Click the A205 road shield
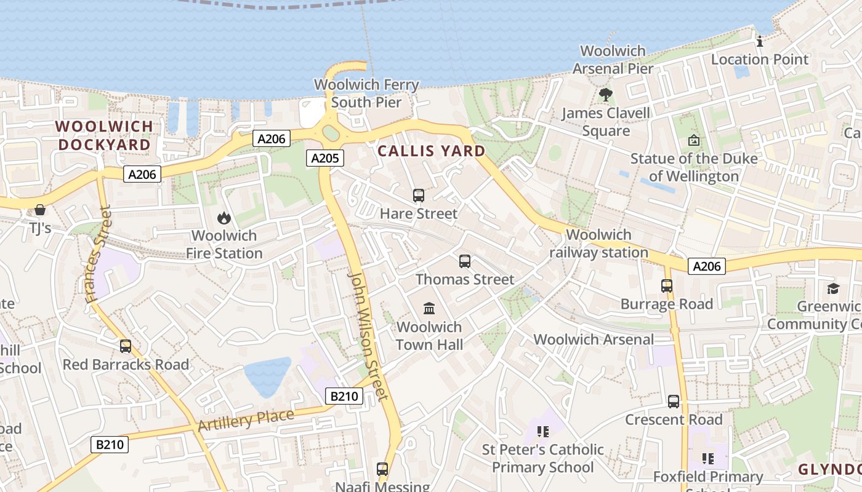[x=324, y=158]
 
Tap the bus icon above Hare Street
[x=419, y=196]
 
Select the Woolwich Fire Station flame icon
[x=224, y=218]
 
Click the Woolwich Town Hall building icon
[x=429, y=308]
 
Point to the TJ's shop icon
[x=40, y=210]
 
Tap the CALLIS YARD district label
[x=431, y=151]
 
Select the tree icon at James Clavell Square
[x=606, y=95]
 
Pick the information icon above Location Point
[x=760, y=41]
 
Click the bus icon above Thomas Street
[x=465, y=261]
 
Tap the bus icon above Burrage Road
[x=667, y=286]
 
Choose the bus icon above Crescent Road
[x=674, y=402]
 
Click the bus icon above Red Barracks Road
[x=126, y=346]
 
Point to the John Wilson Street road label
[x=368, y=335]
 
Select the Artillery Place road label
[x=246, y=420]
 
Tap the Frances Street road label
[x=99, y=255]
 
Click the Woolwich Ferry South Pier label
[x=366, y=93]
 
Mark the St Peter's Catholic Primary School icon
[x=542, y=431]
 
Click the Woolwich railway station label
[x=598, y=244]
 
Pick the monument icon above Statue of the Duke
[x=694, y=140]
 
